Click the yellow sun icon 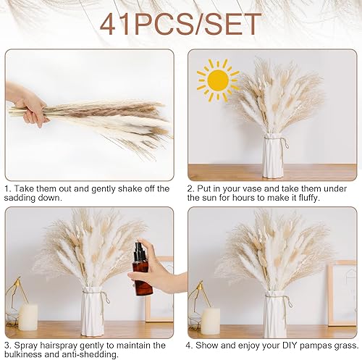pos(218,80)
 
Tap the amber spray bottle pos(142,269)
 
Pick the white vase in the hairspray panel pos(93,312)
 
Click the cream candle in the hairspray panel pos(28,317)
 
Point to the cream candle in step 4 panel pos(211,319)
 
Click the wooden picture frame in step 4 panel pos(342,294)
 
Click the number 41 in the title pos(116,24)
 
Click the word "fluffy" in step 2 pos(307,198)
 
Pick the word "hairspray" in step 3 pos(59,346)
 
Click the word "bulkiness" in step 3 pos(23,354)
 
